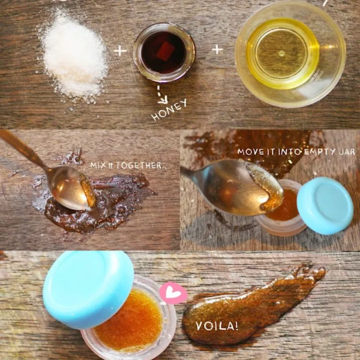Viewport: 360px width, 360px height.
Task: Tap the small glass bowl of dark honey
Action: coord(164,52)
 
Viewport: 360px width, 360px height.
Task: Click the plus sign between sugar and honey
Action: coord(120,51)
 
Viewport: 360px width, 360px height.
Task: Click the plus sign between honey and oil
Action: coord(217,49)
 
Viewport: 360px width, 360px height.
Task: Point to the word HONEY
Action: coord(169,110)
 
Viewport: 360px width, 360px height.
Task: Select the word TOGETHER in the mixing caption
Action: coord(139,166)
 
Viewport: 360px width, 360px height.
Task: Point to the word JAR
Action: coord(347,152)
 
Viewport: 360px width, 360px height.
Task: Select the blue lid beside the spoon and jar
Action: coord(325,206)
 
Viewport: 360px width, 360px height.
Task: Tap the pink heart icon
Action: coord(173,293)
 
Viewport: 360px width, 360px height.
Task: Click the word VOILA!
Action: coord(216,326)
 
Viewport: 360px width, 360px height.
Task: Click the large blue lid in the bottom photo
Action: coord(88,286)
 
